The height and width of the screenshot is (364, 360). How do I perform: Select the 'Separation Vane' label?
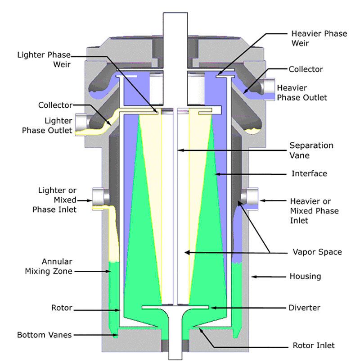click(311, 150)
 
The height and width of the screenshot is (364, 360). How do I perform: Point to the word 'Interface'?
click(309, 173)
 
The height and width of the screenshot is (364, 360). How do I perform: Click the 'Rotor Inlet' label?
click(310, 346)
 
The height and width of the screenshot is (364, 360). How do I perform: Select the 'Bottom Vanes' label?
click(39, 335)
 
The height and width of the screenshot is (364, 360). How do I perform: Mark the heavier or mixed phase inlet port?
click(251, 196)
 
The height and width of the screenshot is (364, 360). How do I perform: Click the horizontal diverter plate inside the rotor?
click(175, 308)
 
